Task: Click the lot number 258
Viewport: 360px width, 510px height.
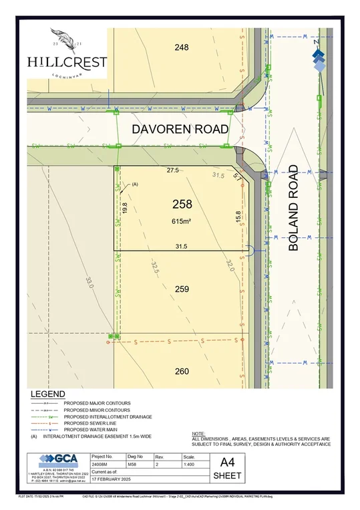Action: (182, 205)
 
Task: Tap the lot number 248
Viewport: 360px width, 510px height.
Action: (181, 47)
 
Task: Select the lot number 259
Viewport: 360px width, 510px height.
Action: (182, 289)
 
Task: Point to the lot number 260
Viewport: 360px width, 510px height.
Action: (182, 371)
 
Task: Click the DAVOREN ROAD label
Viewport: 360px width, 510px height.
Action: (180, 128)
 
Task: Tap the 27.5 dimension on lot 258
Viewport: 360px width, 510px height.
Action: (173, 171)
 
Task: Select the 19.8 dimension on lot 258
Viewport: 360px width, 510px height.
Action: (124, 208)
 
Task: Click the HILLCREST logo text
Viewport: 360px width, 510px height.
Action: (67, 61)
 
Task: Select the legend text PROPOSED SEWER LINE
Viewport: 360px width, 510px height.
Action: (94, 423)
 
